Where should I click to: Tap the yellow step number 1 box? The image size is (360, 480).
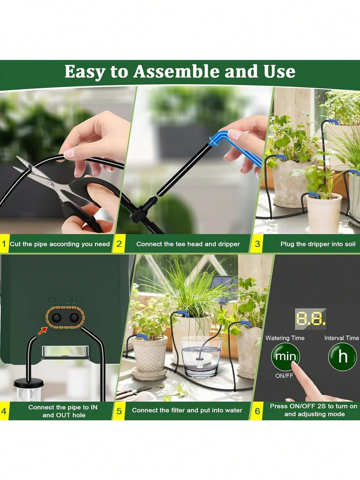click(x=4, y=244)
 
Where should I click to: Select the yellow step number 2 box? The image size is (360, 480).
click(x=119, y=244)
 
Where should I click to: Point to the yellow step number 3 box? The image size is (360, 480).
click(x=257, y=244)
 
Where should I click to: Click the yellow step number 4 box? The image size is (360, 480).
click(x=4, y=411)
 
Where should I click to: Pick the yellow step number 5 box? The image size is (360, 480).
click(x=119, y=411)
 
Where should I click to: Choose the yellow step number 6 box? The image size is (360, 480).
click(x=257, y=411)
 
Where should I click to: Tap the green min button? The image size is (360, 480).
click(x=285, y=357)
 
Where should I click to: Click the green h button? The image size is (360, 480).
click(x=343, y=357)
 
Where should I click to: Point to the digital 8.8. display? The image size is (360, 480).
click(x=311, y=319)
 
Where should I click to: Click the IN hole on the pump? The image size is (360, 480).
click(x=56, y=318)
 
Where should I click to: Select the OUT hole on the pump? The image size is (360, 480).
click(x=74, y=318)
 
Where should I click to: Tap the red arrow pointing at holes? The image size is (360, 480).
click(x=42, y=331)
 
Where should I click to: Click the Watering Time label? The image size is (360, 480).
click(x=285, y=338)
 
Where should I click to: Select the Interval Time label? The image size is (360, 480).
click(x=342, y=338)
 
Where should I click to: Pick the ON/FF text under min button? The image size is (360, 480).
click(x=284, y=376)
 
